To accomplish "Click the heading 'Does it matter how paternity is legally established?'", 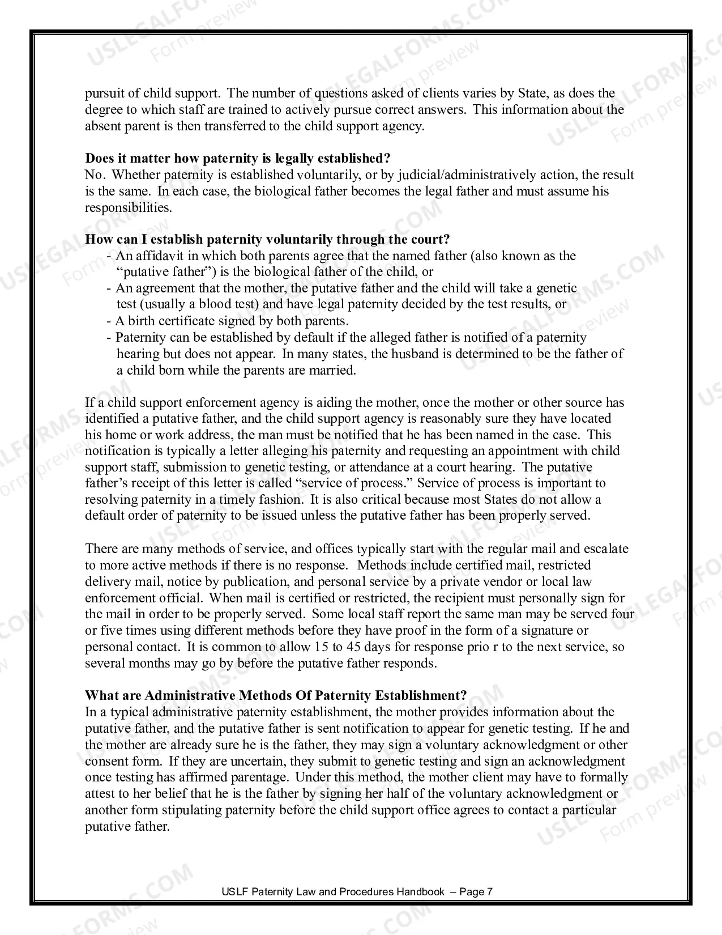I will click(237, 158).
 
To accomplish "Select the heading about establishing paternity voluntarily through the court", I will click(267, 239).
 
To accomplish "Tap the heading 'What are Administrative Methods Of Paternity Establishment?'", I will click(276, 695).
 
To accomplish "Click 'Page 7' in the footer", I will click(476, 891).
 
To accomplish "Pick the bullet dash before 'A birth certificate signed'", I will click(109, 321).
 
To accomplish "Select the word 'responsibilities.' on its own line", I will click(128, 207).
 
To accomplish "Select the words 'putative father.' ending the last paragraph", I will click(127, 826).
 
